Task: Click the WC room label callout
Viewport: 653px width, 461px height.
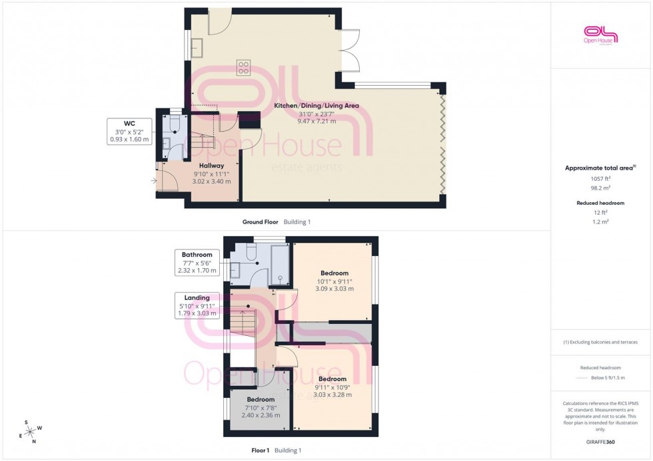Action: pyautogui.click(x=129, y=131)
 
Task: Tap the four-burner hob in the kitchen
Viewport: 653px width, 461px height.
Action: pyautogui.click(x=243, y=67)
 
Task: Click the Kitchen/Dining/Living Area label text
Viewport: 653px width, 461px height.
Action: pyautogui.click(x=317, y=106)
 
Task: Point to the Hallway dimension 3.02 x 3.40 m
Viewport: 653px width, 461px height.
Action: pyautogui.click(x=212, y=181)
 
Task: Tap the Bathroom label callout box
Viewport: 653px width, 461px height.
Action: pyautogui.click(x=197, y=262)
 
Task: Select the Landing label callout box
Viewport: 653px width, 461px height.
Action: pyautogui.click(x=197, y=305)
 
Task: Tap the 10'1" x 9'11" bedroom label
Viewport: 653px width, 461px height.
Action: pyautogui.click(x=334, y=281)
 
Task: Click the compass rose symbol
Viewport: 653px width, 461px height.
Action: pyautogui.click(x=31, y=430)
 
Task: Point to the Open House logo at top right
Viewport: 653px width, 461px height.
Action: pyautogui.click(x=600, y=35)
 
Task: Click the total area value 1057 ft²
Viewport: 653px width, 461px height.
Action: pyautogui.click(x=602, y=178)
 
